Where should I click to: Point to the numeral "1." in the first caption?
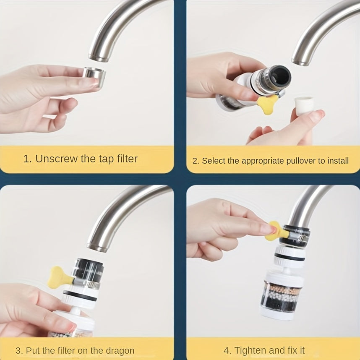[27, 159]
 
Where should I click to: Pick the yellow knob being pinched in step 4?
[275, 231]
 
